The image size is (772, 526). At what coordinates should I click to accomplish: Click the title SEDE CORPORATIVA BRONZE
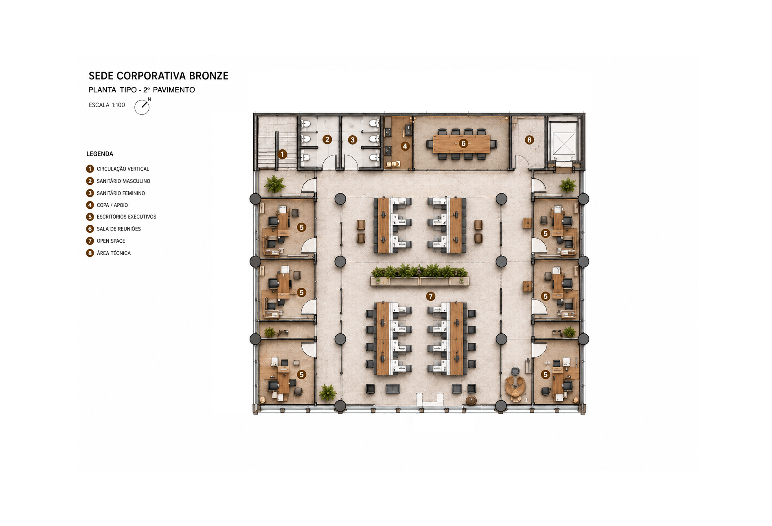pyautogui.click(x=158, y=76)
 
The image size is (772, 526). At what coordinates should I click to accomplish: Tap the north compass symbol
pyautogui.click(x=143, y=107)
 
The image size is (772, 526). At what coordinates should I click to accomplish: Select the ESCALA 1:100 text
pyautogui.click(x=107, y=105)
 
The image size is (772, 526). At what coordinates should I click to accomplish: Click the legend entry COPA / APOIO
pyautogui.click(x=112, y=205)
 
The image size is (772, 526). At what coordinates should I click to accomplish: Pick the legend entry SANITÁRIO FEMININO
pyautogui.click(x=121, y=193)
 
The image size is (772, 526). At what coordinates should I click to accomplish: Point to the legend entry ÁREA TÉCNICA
pyautogui.click(x=114, y=253)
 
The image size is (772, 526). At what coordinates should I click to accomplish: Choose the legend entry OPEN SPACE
pyautogui.click(x=111, y=241)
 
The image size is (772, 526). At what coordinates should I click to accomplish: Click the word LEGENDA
pyautogui.click(x=100, y=154)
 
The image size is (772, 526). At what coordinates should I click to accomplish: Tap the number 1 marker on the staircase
pyautogui.click(x=282, y=154)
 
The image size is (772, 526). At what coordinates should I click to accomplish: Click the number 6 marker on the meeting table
pyautogui.click(x=463, y=143)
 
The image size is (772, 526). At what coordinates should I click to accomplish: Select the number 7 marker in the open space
pyautogui.click(x=430, y=296)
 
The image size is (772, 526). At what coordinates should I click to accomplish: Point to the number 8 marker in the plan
pyautogui.click(x=529, y=140)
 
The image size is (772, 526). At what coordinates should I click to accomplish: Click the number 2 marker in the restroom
pyautogui.click(x=327, y=140)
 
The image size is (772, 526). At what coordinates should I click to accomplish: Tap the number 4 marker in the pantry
pyautogui.click(x=405, y=146)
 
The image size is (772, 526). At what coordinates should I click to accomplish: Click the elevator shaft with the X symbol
pyautogui.click(x=564, y=143)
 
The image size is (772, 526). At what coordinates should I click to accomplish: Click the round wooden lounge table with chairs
pyautogui.click(x=515, y=386)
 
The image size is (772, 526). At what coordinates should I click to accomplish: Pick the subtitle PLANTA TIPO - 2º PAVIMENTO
pyautogui.click(x=142, y=90)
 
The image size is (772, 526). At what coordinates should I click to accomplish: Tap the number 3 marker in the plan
pyautogui.click(x=353, y=140)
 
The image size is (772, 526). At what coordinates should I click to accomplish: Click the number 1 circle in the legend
pyautogui.click(x=90, y=169)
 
